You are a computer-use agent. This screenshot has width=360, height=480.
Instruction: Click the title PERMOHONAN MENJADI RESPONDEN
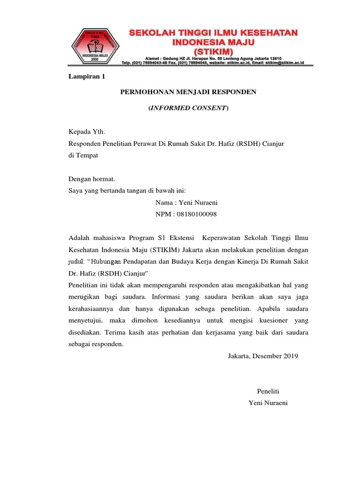click(188, 92)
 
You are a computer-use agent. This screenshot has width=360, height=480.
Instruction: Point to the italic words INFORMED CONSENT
click(188, 108)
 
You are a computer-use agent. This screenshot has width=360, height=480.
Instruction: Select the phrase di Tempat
click(83, 155)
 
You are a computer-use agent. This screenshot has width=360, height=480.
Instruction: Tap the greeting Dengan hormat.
click(92, 179)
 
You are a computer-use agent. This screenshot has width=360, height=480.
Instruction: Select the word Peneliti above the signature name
click(268, 391)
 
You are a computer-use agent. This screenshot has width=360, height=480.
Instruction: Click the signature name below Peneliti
click(268, 403)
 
